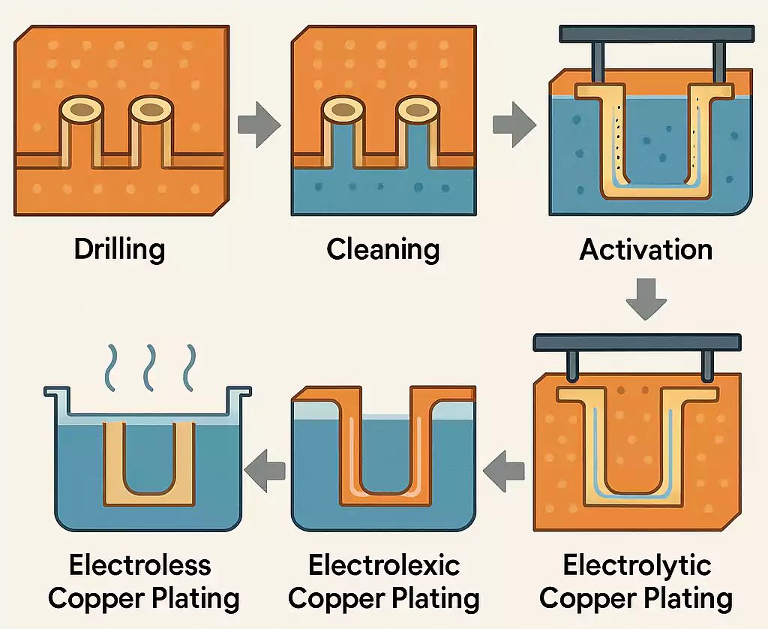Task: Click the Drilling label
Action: pyautogui.click(x=119, y=249)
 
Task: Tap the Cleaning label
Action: pyautogui.click(x=382, y=249)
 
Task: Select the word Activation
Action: pyautogui.click(x=646, y=249)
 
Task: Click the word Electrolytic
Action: pyautogui.click(x=637, y=564)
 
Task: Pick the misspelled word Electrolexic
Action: pyautogui.click(x=384, y=564)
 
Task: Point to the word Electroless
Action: pyautogui.click(x=129, y=564)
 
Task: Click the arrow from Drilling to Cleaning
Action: pyautogui.click(x=259, y=125)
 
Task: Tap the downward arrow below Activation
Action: pyautogui.click(x=646, y=299)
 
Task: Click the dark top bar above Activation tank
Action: pyautogui.click(x=657, y=34)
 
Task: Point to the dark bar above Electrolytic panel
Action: pyautogui.click(x=637, y=342)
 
